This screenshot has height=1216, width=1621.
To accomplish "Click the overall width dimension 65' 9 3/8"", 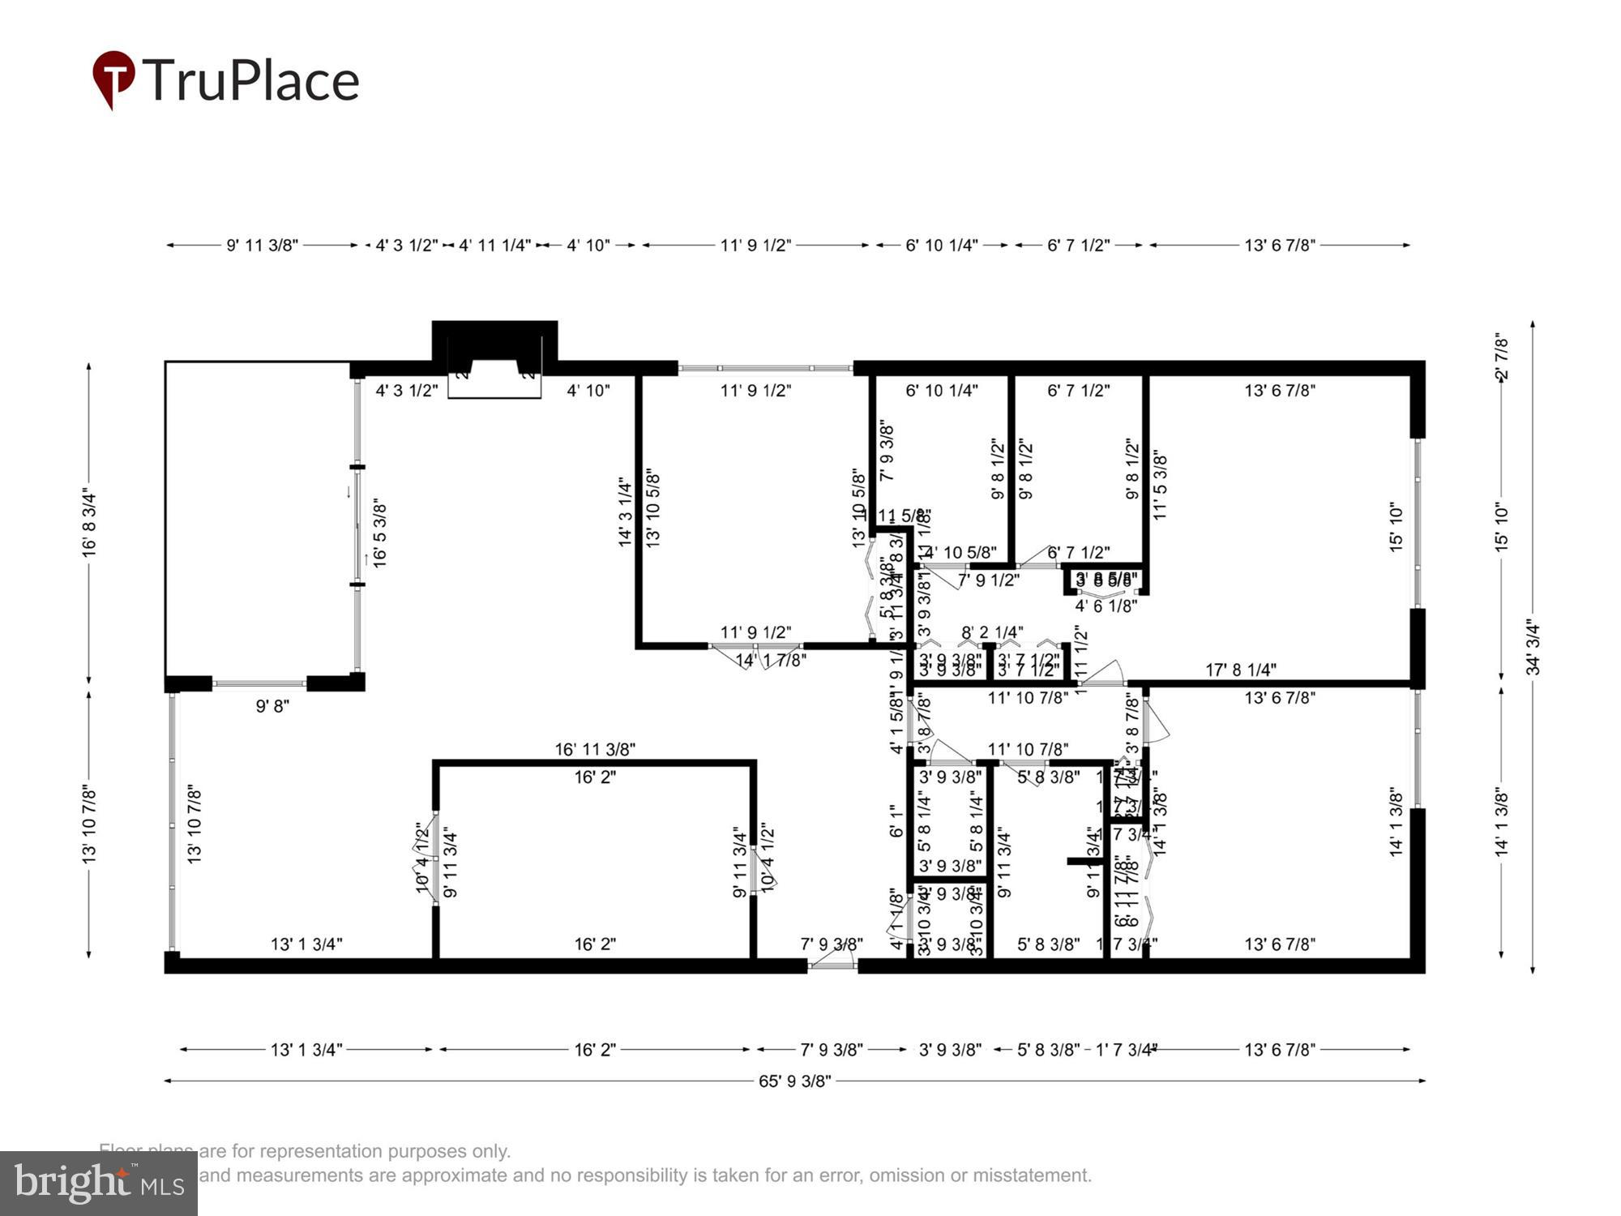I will tap(794, 1081).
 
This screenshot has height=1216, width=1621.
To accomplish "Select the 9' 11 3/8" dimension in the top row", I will tap(262, 245).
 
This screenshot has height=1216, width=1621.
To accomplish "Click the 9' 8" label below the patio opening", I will tap(272, 706).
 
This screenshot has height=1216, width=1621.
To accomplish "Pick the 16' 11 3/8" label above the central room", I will tap(595, 749).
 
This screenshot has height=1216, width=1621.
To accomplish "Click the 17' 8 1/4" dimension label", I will tap(1240, 670).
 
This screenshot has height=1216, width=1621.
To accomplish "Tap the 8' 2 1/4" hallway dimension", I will tap(992, 632).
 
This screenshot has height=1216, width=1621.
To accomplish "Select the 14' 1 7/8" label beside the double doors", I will tap(771, 661).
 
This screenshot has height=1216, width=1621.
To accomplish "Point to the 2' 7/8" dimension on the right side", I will tap(1502, 357).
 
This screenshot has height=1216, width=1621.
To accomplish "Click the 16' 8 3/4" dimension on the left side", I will tap(89, 525).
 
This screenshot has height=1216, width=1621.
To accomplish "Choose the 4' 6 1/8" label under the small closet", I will tap(1106, 606).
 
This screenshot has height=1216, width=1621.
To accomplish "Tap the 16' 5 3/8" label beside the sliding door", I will tap(379, 533).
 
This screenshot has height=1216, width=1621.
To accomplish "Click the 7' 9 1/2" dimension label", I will tap(988, 580).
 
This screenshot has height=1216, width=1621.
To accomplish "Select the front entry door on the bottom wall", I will tap(832, 964).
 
